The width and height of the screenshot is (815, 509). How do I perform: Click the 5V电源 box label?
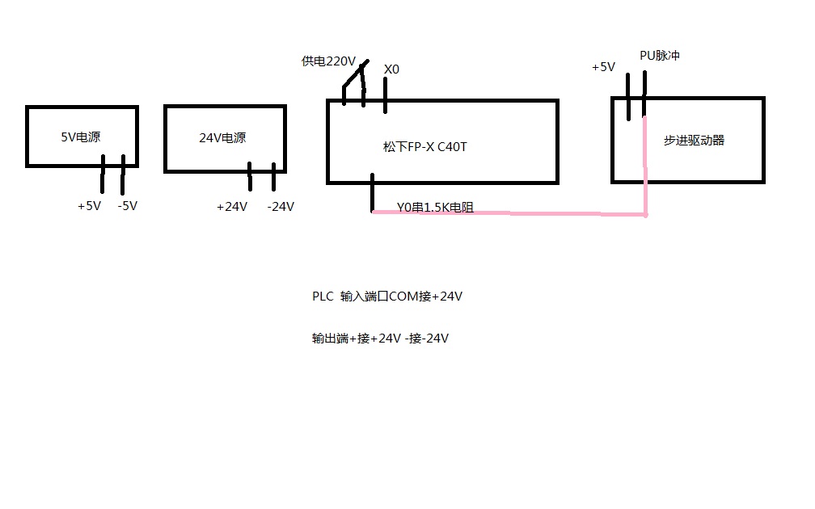point(80,137)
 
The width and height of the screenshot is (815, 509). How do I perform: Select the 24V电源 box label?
point(222,138)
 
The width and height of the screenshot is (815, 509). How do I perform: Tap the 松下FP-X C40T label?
point(425,148)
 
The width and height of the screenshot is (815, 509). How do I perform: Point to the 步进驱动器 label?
point(694,141)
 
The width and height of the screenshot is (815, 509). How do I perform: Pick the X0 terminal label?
point(391,70)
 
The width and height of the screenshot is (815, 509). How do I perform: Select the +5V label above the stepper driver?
point(603,68)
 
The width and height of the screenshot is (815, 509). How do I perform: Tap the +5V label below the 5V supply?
point(89,206)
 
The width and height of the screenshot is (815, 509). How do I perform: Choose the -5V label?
point(127,206)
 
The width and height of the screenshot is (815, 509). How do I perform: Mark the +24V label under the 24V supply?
point(232,207)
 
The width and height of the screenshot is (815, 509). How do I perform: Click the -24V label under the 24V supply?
point(281,207)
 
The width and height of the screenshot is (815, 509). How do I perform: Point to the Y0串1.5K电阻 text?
point(435,208)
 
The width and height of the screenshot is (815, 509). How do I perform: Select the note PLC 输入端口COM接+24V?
point(387,297)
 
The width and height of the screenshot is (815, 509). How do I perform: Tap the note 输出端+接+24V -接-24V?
point(380,339)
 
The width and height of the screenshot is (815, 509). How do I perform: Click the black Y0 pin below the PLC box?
point(372,194)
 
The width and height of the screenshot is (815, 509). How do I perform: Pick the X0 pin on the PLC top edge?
point(385,95)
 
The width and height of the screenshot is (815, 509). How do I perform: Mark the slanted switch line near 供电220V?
point(354,74)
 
